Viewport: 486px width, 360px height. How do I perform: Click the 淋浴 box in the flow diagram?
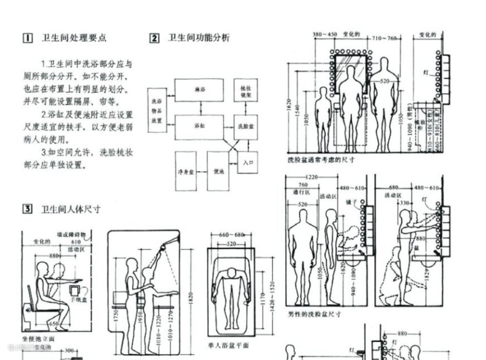[x=200, y=89]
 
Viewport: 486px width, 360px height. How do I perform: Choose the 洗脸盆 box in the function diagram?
[x=246, y=127]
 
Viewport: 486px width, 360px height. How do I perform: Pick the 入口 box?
[x=248, y=162]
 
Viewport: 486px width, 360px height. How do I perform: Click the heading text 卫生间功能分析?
[x=199, y=38]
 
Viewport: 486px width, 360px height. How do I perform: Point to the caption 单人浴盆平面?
[x=228, y=345]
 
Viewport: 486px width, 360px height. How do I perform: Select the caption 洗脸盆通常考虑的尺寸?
[x=321, y=160]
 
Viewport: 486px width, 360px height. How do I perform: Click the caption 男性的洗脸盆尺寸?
[x=315, y=313]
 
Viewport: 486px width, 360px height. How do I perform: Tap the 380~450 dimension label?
[x=325, y=35]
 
